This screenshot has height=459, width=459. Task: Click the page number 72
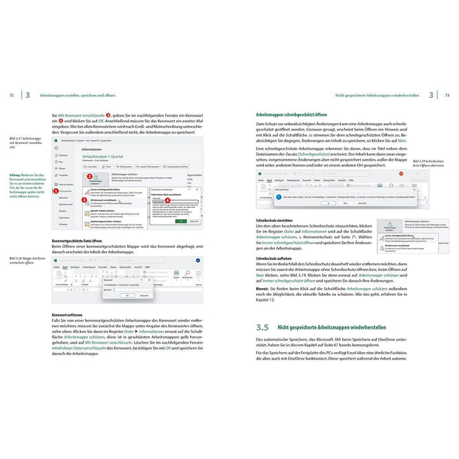pyautogui.click(x=11, y=96)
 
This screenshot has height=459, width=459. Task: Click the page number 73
pyautogui.click(x=447, y=96)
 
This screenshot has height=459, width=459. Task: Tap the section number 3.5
pyautogui.click(x=262, y=327)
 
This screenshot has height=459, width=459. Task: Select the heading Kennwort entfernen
pyautogui.click(x=68, y=314)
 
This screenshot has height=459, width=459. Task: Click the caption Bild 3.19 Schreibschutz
pyautogui.click(x=428, y=162)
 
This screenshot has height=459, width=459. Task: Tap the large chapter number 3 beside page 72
pyautogui.click(x=27, y=96)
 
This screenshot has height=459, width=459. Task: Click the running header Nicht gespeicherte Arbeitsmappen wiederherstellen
pyautogui.click(x=376, y=96)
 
